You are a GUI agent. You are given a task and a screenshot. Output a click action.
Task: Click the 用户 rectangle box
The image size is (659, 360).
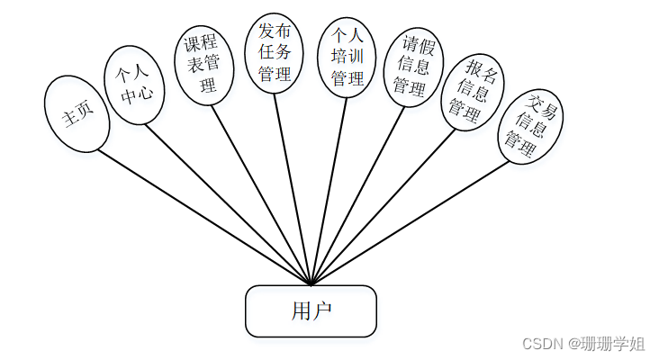point(311,311)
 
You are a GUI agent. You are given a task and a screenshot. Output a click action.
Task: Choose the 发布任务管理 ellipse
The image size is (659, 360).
point(274,51)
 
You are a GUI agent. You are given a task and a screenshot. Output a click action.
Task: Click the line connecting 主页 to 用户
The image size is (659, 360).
point(203,216)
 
